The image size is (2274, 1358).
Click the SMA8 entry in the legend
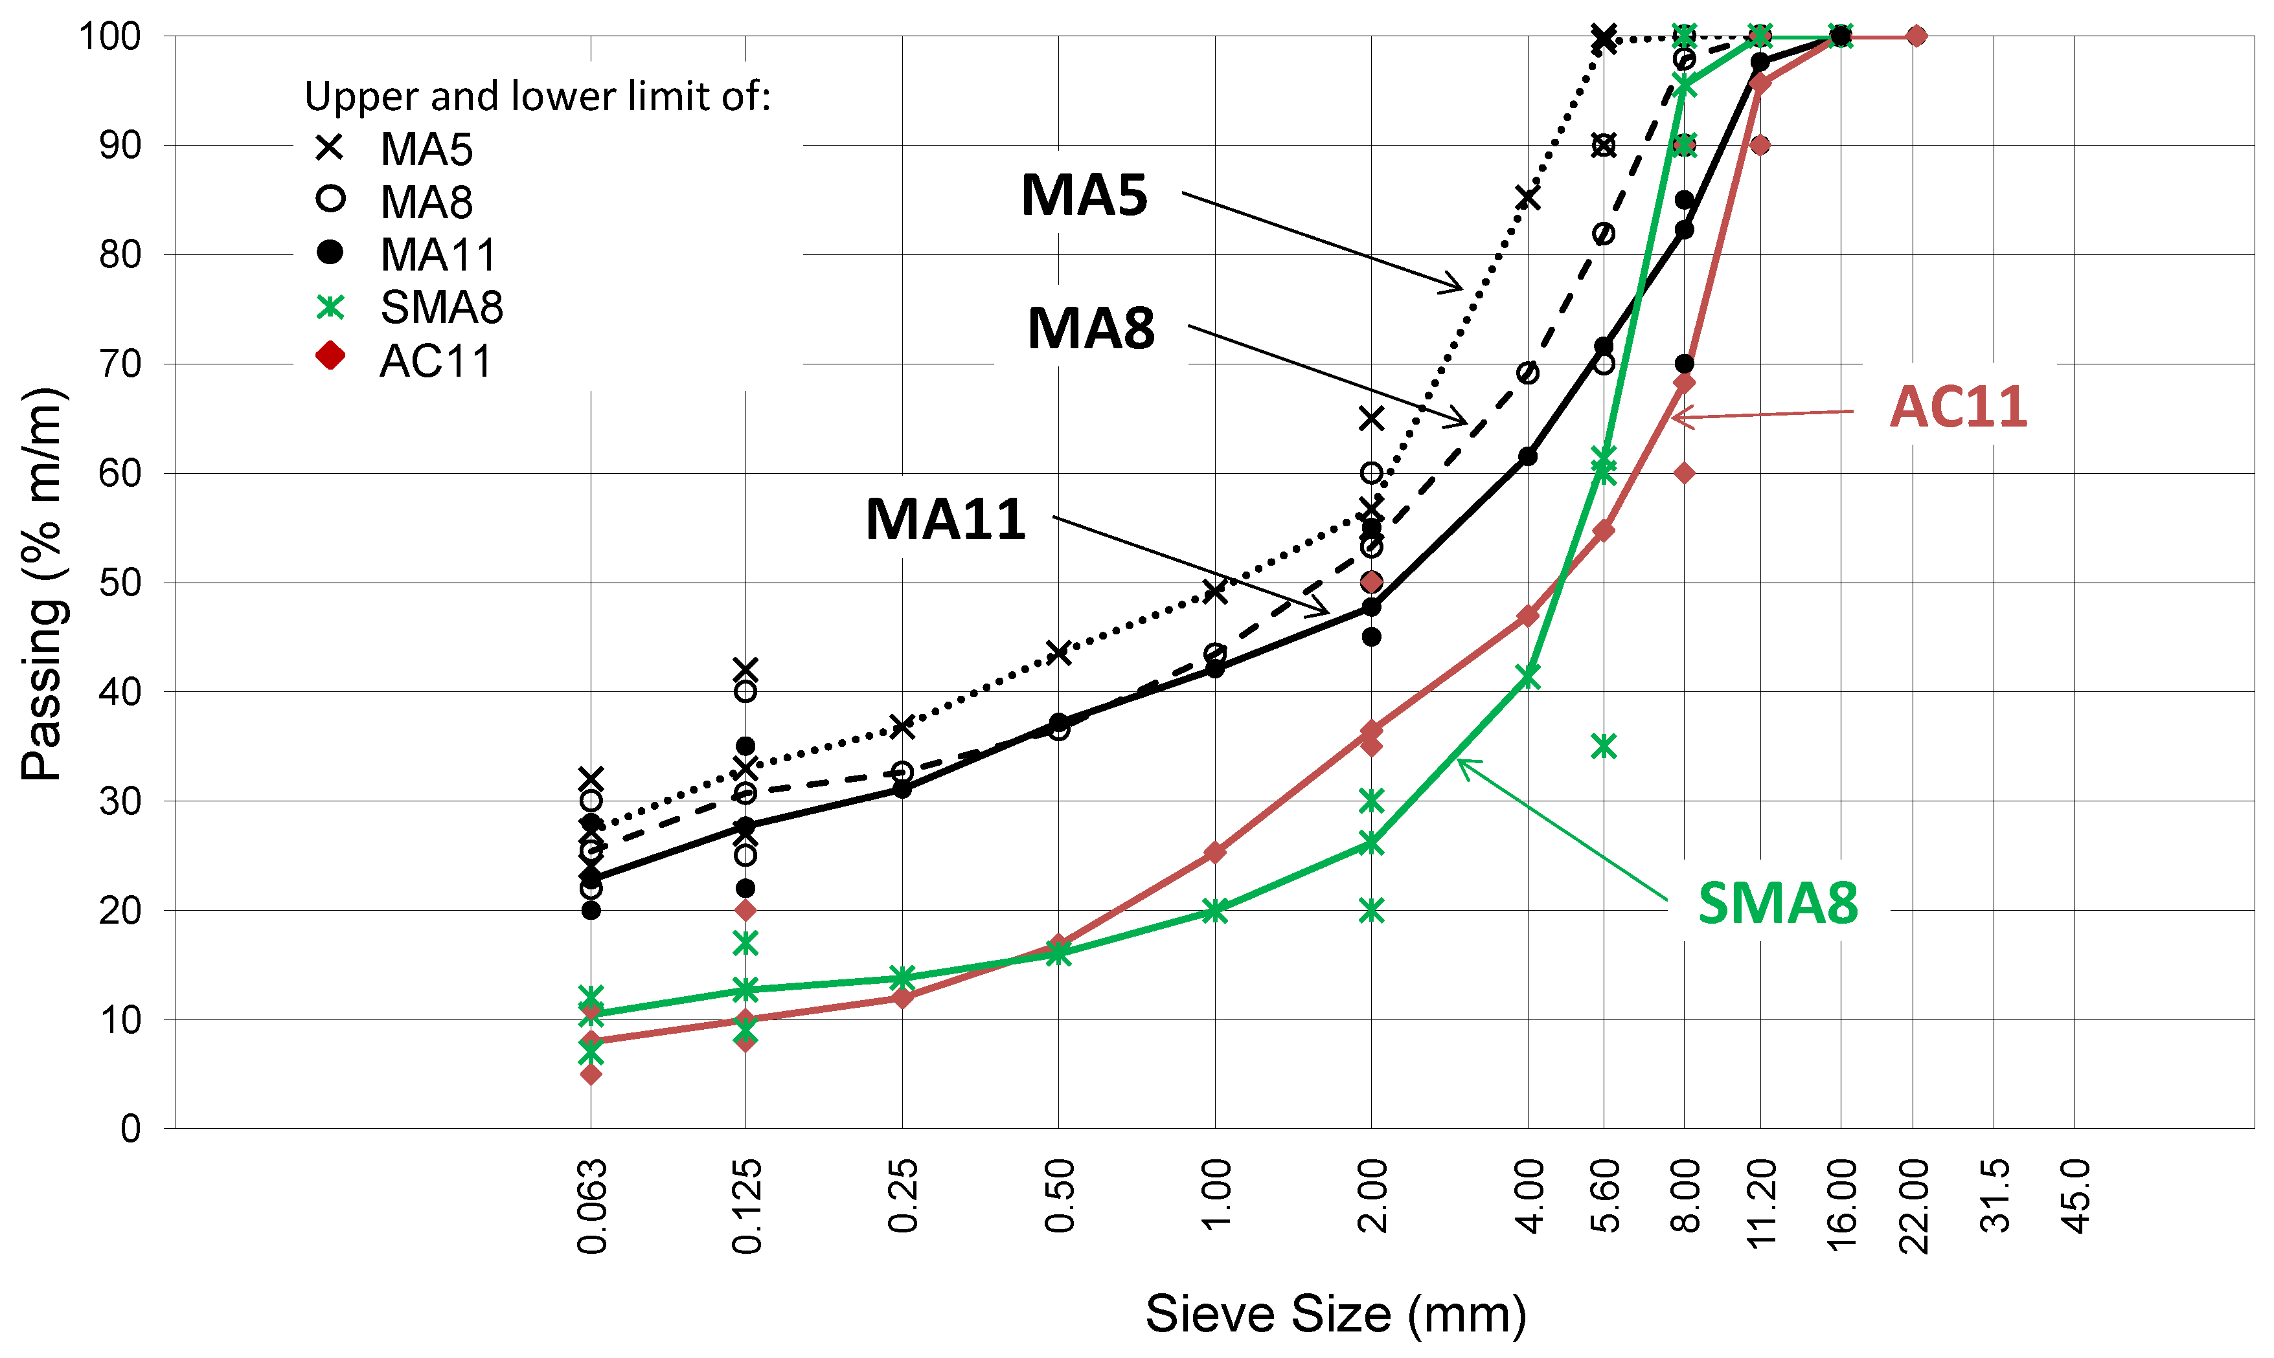click(441, 307)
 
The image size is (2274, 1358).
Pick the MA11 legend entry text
click(438, 254)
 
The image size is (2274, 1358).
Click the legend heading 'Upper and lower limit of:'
click(538, 96)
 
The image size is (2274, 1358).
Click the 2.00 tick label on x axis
click(1371, 1196)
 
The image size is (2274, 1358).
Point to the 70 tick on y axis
click(119, 364)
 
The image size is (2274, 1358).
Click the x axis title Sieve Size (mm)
click(1336, 1314)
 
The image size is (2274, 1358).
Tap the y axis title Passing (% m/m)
click(42, 584)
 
